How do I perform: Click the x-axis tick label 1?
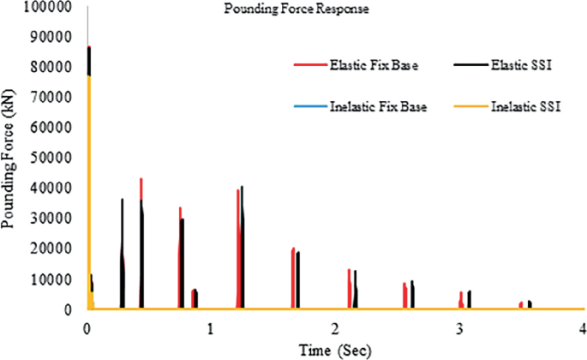tap(210, 328)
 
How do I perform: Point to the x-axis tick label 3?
tap(459, 328)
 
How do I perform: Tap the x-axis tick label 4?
tap(583, 328)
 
